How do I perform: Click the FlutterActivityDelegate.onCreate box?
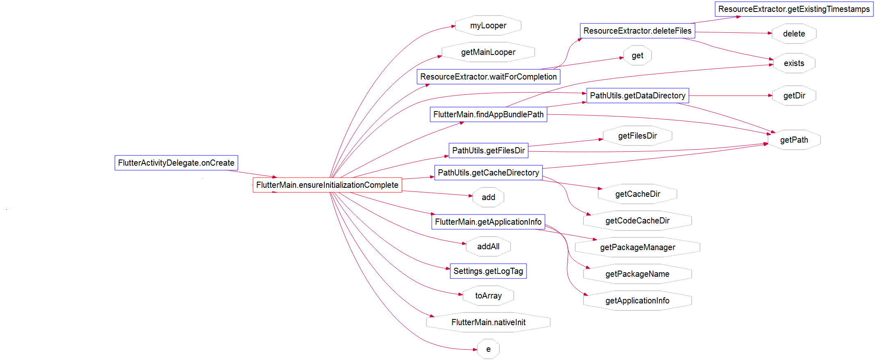(x=176, y=163)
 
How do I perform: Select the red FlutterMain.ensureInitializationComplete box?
(x=327, y=185)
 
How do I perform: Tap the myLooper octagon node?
(x=488, y=25)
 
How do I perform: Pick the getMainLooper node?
(x=488, y=52)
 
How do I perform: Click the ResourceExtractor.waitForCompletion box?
(x=488, y=77)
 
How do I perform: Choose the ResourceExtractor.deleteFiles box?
(x=637, y=31)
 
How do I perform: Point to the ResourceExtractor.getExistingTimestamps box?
(x=793, y=9)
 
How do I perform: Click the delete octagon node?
(x=793, y=34)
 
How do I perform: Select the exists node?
(x=793, y=63)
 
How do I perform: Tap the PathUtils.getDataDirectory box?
(x=637, y=96)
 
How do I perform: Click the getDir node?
(x=794, y=96)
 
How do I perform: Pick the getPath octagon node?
(x=793, y=140)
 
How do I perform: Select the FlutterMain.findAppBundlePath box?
(x=488, y=114)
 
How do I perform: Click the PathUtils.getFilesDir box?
(x=488, y=150)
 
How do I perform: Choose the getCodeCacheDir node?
(x=637, y=221)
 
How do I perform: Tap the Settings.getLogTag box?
(x=488, y=271)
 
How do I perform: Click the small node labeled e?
(x=488, y=349)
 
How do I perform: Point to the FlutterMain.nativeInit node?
(x=488, y=322)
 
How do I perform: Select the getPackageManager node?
(x=637, y=247)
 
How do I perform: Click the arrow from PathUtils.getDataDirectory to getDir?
(x=730, y=96)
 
